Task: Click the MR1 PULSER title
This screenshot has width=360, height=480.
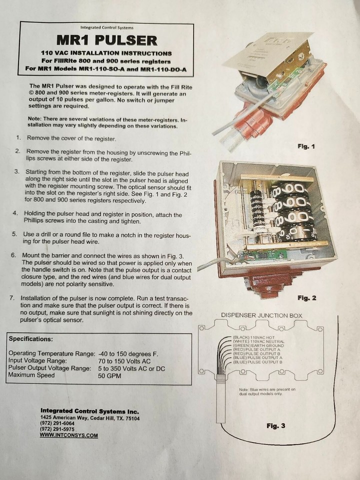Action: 106,40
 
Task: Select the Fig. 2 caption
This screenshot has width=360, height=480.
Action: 307,298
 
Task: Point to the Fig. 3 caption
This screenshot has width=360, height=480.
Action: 275,426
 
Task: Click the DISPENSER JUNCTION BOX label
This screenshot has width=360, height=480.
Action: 261,315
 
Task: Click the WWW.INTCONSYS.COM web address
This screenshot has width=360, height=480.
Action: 69,435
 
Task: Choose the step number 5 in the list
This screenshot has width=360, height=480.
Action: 18,235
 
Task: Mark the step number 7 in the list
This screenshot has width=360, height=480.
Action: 18,297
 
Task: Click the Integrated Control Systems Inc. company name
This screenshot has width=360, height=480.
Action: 89,410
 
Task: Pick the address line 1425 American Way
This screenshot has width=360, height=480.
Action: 90,417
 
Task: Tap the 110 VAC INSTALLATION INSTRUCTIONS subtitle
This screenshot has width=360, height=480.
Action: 106,53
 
